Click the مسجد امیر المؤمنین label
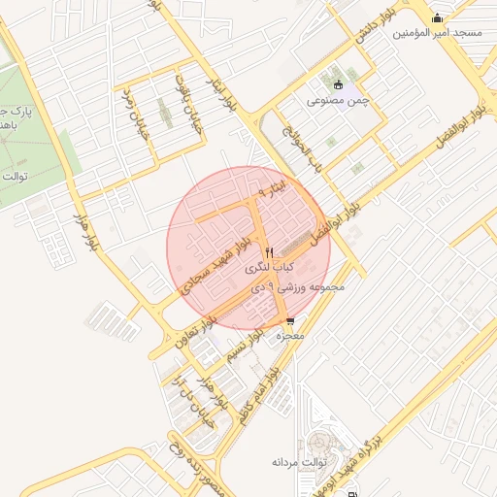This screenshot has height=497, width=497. coord(438,33)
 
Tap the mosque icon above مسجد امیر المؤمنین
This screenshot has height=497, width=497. coord(438,17)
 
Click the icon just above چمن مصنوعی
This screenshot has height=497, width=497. coord(338,84)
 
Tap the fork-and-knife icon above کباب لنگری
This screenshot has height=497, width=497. coord(270,251)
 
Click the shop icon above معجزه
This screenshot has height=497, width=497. coord(290,322)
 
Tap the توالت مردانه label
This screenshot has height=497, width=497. coord(295,461)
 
